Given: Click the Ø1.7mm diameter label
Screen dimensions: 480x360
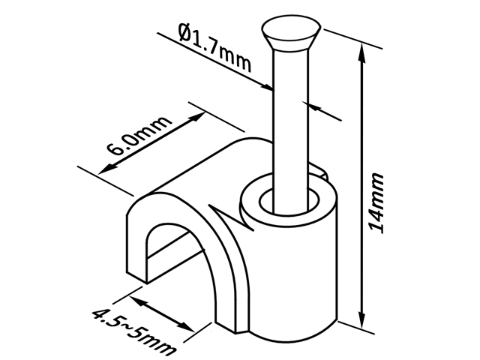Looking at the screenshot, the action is tap(215, 48).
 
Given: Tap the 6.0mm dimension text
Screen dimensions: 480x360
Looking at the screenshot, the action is tap(138, 136).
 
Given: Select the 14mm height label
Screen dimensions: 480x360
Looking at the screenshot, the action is tap(376, 203).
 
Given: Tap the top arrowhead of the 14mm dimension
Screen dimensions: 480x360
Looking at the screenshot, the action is tap(362, 52).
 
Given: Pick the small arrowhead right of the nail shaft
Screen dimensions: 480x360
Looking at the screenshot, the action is tap(314, 107).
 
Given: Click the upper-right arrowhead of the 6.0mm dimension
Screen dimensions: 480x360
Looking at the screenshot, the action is tap(197, 117).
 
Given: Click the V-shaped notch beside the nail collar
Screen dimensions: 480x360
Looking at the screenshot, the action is tap(231, 217).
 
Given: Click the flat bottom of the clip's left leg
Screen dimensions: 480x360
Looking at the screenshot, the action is tap(136, 277).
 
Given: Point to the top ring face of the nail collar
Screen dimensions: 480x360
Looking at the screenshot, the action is tap(250, 202).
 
